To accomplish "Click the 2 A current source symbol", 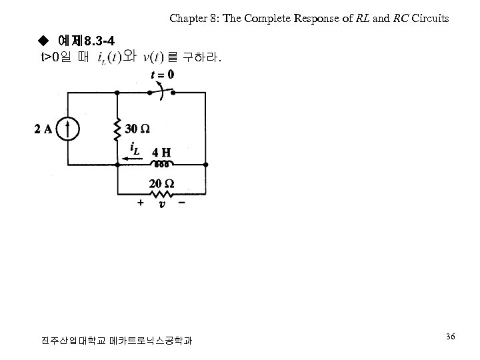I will click(69, 129).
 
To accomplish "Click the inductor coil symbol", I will click(161, 163).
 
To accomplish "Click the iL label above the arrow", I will click(134, 148).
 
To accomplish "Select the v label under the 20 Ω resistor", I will click(161, 205).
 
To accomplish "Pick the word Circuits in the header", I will click(430, 19).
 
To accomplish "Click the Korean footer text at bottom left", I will click(117, 341).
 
